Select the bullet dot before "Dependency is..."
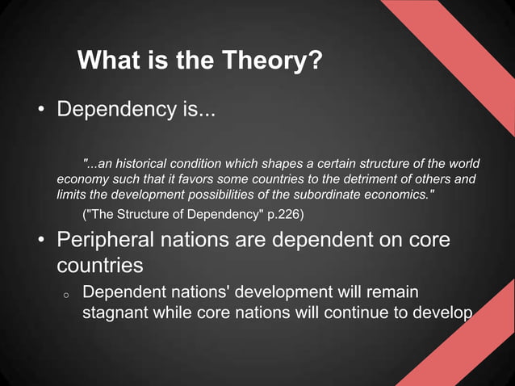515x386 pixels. click(38, 109)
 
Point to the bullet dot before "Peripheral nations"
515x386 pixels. click(38, 241)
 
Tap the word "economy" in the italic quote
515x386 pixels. click(82, 178)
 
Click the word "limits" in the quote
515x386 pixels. click(70, 195)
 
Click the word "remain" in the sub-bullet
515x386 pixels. click(392, 292)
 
